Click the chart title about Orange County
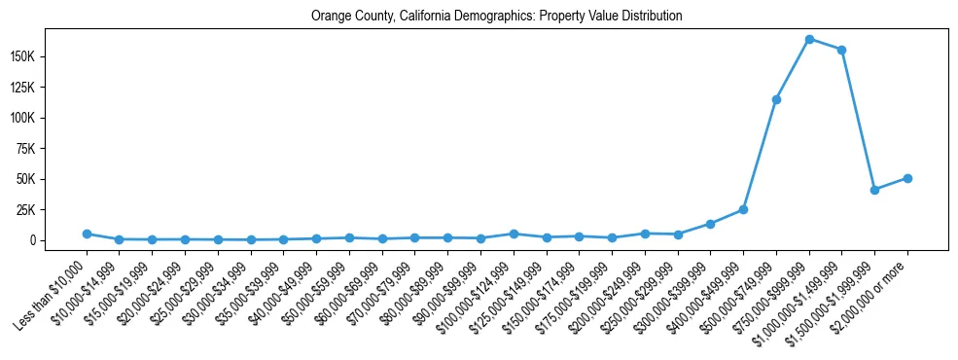click(x=496, y=17)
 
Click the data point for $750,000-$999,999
click(x=809, y=39)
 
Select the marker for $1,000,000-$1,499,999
click(x=841, y=50)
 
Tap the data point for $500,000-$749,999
click(x=776, y=99)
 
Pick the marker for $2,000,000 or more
click(x=907, y=178)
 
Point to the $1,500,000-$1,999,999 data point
click(x=874, y=190)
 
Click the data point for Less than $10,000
click(x=87, y=234)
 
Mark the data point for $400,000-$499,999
click(x=743, y=209)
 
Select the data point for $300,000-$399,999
click(x=710, y=224)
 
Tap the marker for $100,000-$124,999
click(x=514, y=234)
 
